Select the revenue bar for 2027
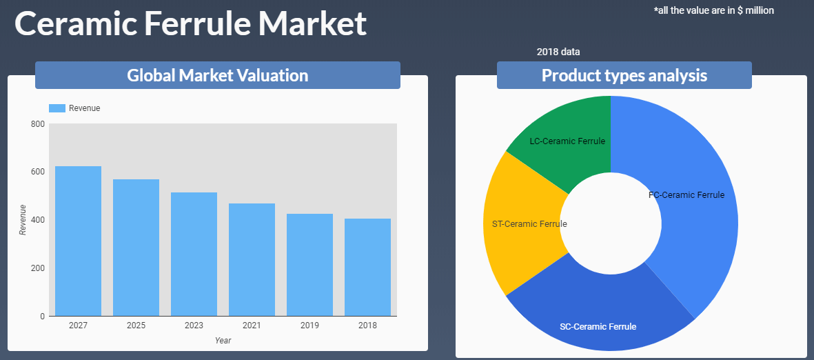coord(78,241)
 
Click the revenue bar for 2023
coord(194,254)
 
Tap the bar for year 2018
coord(367,267)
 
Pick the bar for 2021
coord(252,260)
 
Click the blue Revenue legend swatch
coord(57,108)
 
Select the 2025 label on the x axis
coord(136,326)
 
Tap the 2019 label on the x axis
coord(310,326)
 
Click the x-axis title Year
coord(223,341)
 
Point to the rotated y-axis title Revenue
coord(22,220)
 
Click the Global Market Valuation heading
coord(218,75)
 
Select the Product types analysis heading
coord(624,75)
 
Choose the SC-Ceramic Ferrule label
coord(598,327)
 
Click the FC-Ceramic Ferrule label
coord(686,195)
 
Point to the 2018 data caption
coord(558,52)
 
